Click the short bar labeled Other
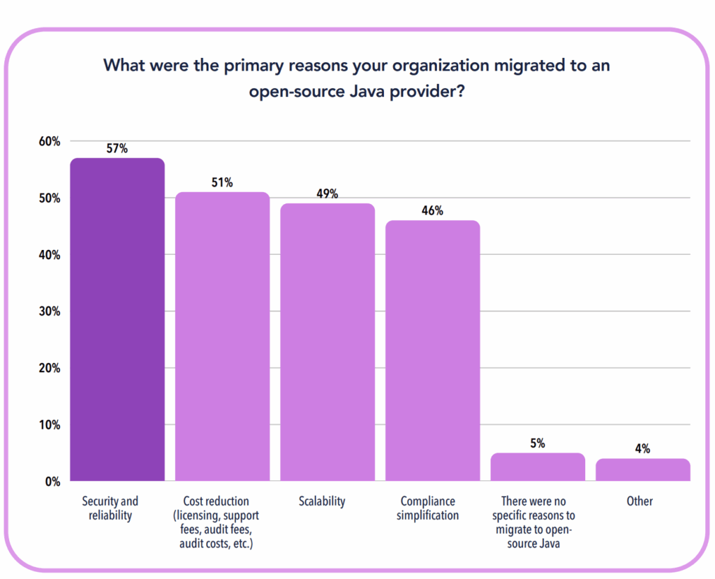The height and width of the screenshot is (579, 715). click(x=642, y=469)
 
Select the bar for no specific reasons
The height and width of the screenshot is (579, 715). click(x=538, y=467)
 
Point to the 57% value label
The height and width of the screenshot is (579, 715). click(x=117, y=149)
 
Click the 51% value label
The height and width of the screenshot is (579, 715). click(x=222, y=182)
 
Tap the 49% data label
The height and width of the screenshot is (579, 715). click(x=327, y=194)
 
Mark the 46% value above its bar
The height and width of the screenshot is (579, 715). click(x=432, y=211)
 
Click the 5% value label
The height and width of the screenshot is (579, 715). click(x=538, y=444)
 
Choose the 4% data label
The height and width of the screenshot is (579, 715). click(x=642, y=449)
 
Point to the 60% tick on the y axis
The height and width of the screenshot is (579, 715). click(x=50, y=141)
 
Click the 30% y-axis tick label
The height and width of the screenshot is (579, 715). click(x=50, y=312)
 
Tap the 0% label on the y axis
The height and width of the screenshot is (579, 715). click(x=52, y=481)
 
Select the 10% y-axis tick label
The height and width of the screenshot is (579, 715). click(x=50, y=425)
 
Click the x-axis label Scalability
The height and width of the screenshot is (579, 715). click(x=322, y=501)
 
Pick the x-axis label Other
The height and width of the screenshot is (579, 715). click(x=640, y=501)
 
